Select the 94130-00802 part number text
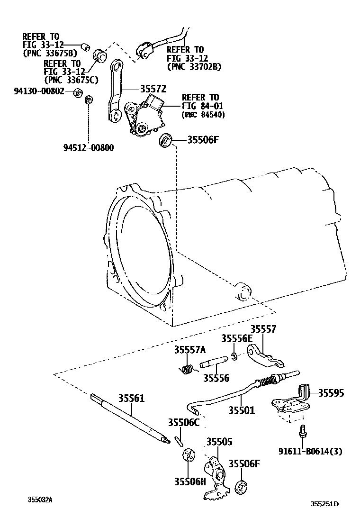43,91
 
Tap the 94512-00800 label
89,147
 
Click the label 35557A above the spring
189,350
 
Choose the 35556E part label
237,339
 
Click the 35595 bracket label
331,393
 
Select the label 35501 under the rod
242,410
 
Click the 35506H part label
190,482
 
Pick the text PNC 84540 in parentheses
203,115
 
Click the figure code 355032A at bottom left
40,500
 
